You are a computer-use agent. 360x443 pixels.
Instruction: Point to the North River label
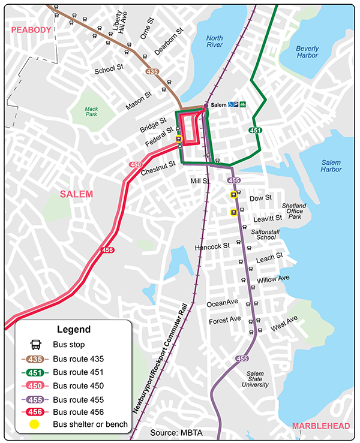(214, 41)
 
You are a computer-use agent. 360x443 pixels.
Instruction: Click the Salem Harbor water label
(331, 166)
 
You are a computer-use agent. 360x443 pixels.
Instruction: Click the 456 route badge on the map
(107, 250)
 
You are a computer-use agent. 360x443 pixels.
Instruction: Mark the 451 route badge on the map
(254, 129)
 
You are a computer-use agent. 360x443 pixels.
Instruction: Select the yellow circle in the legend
(35, 425)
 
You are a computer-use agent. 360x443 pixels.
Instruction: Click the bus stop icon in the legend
(35, 345)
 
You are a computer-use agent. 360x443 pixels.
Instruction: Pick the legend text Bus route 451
(78, 372)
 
